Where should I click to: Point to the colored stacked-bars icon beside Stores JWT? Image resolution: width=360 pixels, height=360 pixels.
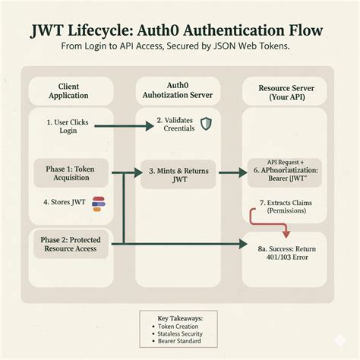point(97,202)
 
